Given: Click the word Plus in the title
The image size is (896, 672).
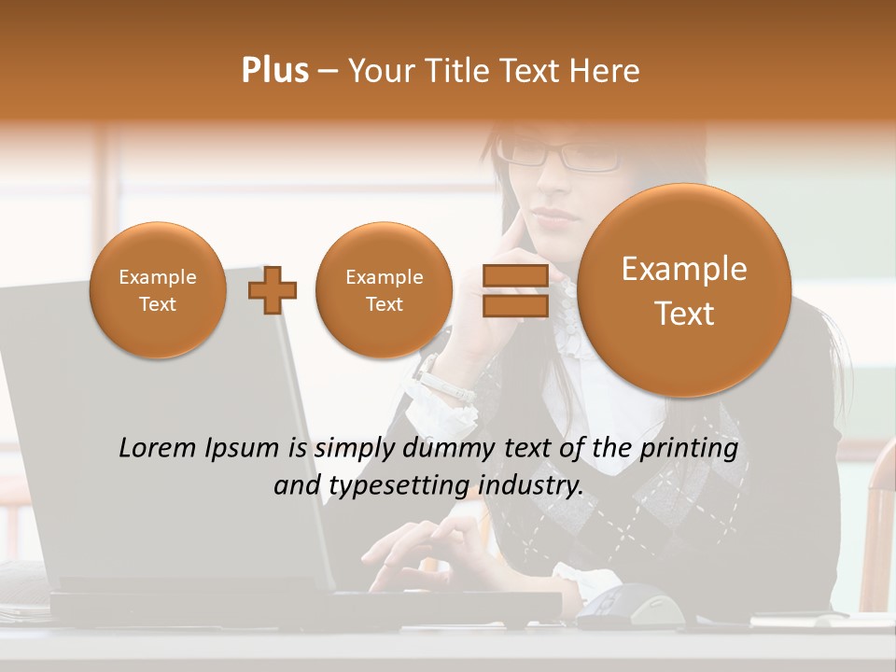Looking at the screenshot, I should click(x=274, y=71).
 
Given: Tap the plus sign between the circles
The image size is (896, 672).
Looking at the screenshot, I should click(x=273, y=290).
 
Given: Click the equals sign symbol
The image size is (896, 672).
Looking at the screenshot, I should click(x=514, y=290).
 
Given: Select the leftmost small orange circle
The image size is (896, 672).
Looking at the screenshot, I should click(x=158, y=290).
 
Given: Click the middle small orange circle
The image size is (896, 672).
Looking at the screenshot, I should click(x=384, y=290).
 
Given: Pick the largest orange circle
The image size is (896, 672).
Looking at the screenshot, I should click(x=684, y=290).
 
